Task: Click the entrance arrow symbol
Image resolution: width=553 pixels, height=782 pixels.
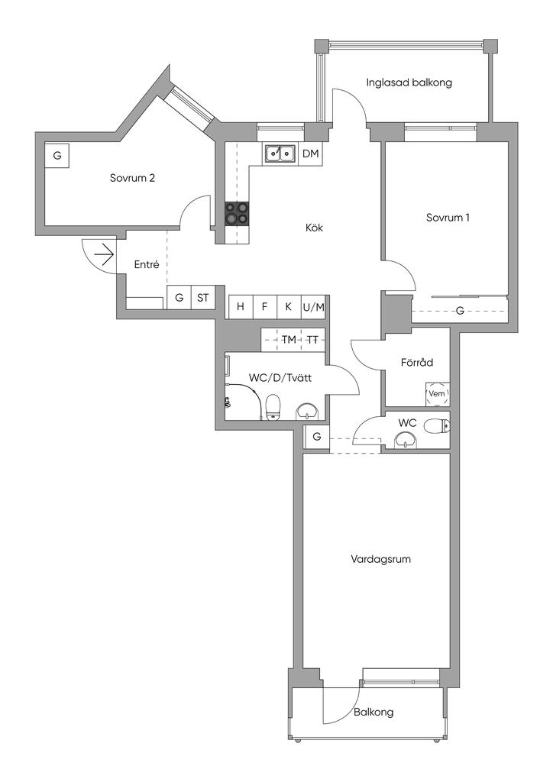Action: point(104,256)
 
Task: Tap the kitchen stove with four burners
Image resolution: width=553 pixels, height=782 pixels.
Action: point(236,213)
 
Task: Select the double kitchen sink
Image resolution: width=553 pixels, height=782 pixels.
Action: point(280,153)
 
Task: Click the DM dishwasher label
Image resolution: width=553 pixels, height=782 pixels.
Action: point(310,153)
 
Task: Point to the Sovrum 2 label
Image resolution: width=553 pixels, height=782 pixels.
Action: point(132,178)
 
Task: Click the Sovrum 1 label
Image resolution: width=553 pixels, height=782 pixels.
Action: point(448,218)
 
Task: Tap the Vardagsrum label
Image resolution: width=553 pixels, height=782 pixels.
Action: point(380,559)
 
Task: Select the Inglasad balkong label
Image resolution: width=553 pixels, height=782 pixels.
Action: point(409,82)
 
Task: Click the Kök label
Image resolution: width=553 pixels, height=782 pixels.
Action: point(314,228)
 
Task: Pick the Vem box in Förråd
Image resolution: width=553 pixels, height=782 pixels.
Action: point(438,393)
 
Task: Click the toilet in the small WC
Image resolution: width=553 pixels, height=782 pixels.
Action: point(437,426)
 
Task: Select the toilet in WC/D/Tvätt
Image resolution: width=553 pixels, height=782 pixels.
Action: point(273,407)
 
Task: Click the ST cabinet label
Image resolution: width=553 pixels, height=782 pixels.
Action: point(203,298)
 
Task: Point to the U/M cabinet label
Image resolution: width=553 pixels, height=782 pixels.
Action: point(313,308)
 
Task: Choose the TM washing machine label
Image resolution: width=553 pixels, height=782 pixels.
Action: point(289,340)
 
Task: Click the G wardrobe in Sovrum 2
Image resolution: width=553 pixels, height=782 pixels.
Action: point(57,156)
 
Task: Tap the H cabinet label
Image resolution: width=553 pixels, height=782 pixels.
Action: point(241,307)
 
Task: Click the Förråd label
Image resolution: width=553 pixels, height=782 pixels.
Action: point(417,363)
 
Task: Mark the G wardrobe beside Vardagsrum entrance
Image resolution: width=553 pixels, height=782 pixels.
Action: point(317,437)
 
